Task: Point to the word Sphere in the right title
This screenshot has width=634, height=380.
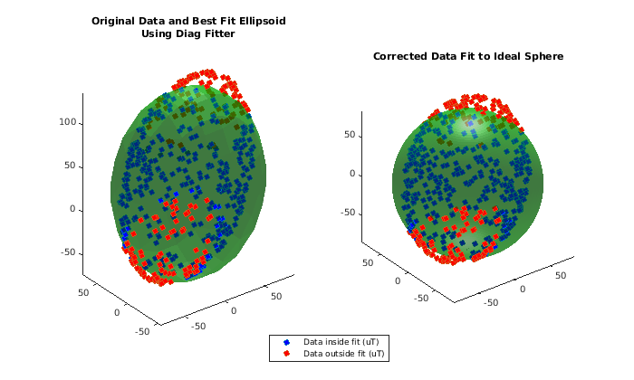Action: click(x=543, y=56)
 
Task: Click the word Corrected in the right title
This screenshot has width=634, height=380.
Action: click(x=401, y=56)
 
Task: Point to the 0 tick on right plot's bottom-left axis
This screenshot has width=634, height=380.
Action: click(x=398, y=282)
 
